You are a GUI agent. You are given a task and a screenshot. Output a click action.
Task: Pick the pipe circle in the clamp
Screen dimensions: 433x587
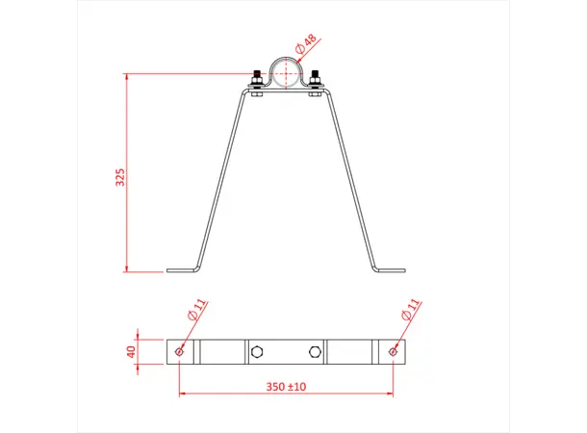(286, 73)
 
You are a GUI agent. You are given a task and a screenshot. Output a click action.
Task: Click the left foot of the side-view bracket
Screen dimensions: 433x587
(181, 270)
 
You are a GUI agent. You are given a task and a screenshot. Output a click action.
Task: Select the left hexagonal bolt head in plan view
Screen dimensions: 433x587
(256, 351)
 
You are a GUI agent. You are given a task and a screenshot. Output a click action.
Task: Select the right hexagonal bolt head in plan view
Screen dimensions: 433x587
(316, 351)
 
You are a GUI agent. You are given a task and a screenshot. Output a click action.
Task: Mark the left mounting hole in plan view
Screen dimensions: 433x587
(180, 351)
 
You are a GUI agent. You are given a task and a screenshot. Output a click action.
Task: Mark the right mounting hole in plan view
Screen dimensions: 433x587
(392, 351)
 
